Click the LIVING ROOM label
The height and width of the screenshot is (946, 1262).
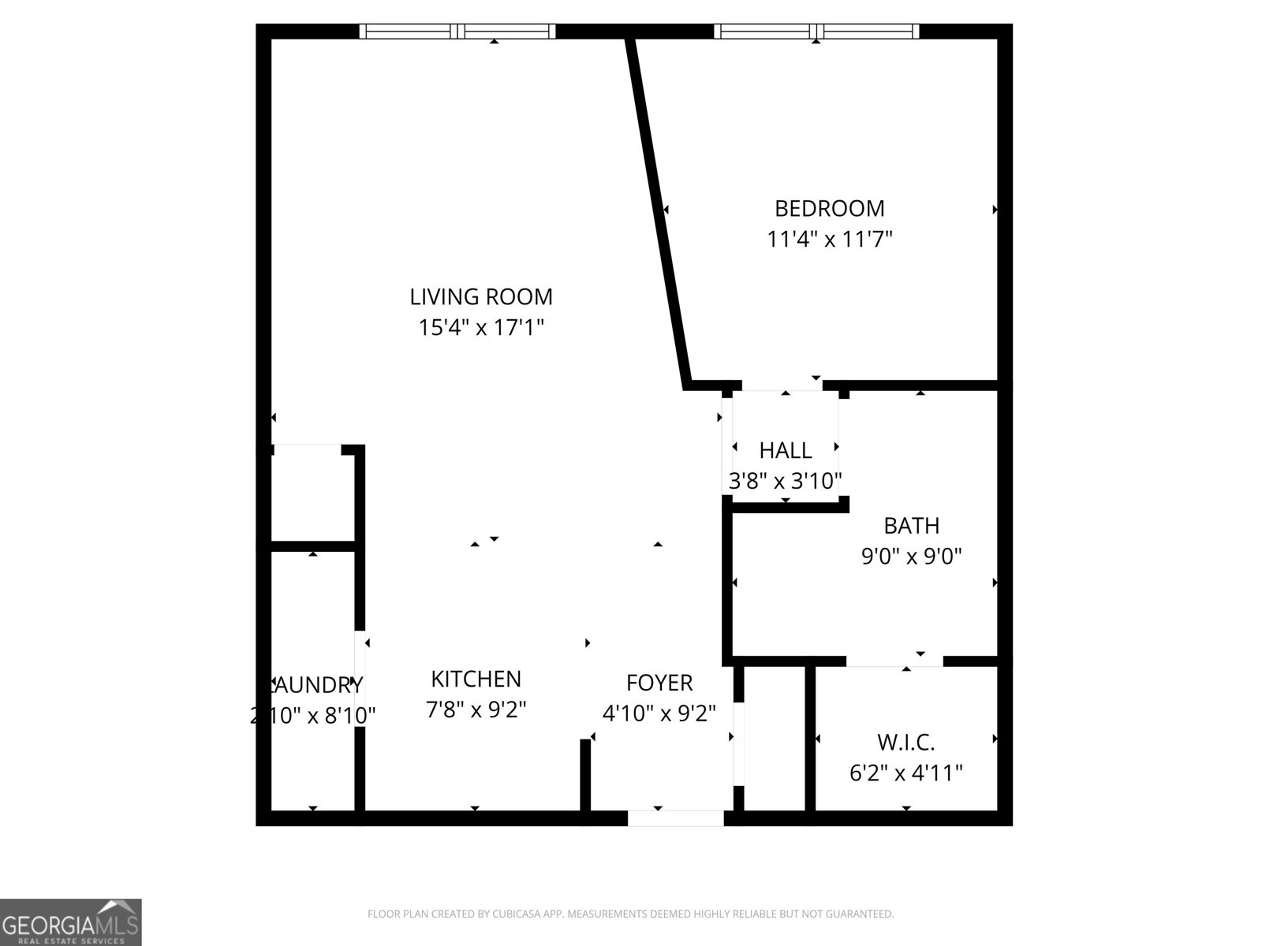coord(480,297)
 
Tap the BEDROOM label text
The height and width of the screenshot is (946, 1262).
coord(829,209)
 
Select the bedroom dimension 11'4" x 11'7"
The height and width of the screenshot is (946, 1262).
coord(829,239)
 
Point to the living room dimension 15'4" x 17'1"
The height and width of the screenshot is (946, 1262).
coord(480,327)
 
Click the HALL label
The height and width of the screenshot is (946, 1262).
coord(785,451)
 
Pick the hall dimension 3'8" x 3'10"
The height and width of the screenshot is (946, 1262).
coord(785,481)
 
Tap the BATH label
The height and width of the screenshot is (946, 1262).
coord(911,526)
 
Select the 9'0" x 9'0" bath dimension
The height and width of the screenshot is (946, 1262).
coord(911,557)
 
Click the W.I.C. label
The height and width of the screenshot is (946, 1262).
coord(905,743)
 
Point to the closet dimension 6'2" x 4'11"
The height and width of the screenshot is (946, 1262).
coord(905,773)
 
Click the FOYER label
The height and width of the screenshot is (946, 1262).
coord(659,683)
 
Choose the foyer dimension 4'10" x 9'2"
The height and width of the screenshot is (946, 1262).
coord(659,713)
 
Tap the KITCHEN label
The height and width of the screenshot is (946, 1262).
coord(476,679)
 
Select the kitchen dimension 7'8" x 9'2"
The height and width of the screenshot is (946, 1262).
coord(476,709)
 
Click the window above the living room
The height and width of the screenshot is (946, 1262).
coord(457,32)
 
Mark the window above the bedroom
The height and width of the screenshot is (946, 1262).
coord(816,32)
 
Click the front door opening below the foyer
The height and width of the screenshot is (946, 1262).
coord(675,818)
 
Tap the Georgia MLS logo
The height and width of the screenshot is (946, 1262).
coord(70,922)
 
